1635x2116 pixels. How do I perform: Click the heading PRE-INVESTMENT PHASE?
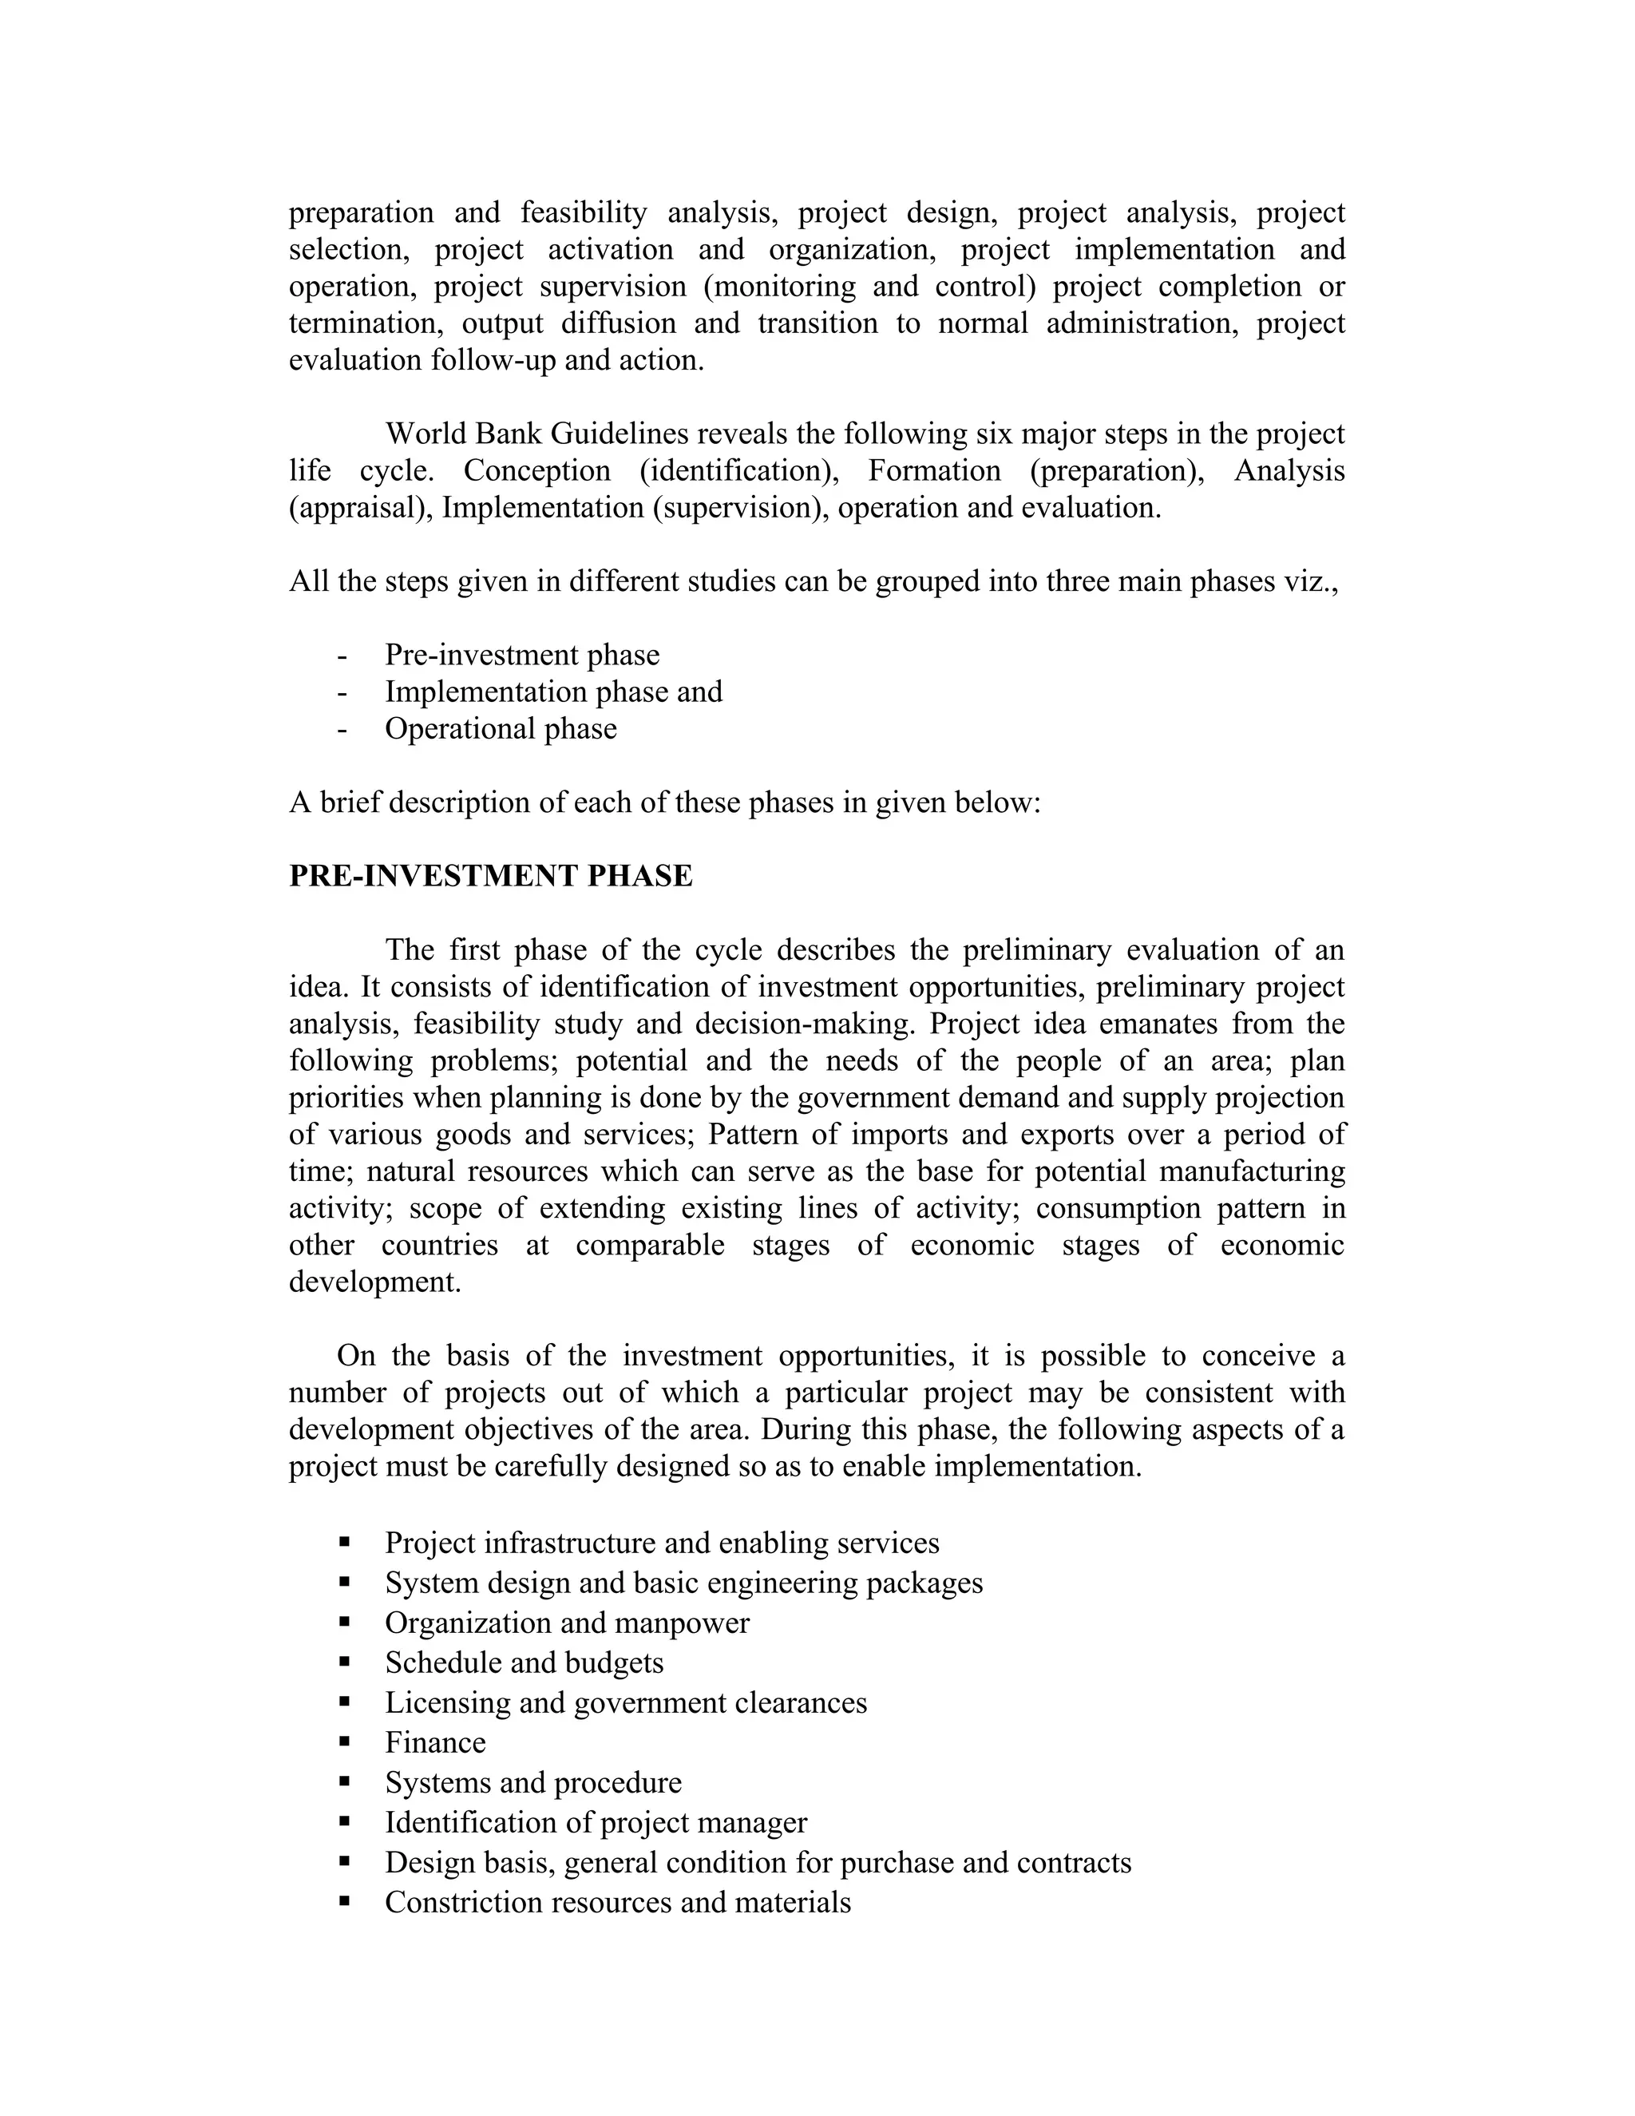pos(490,876)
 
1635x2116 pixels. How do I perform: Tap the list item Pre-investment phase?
pos(521,655)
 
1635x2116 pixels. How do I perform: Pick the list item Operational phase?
pos(500,728)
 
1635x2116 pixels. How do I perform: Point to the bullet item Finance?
pos(435,1742)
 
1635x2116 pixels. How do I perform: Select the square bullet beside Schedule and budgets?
pos(345,1662)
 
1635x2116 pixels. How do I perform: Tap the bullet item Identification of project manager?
pos(595,1822)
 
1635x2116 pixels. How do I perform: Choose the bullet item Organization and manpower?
pos(567,1623)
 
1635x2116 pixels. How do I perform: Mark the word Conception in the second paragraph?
pos(536,471)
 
